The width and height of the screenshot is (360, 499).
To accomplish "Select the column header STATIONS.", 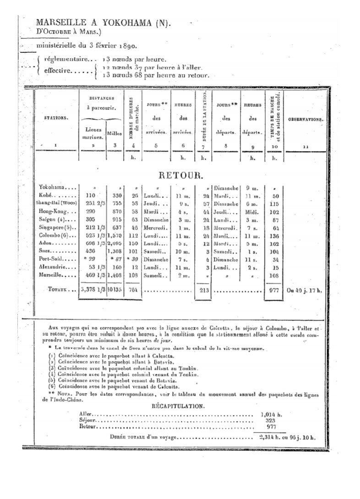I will (x=56, y=118).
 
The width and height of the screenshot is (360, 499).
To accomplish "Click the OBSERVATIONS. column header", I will (x=305, y=120).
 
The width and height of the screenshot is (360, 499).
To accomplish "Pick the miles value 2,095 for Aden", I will (x=115, y=243).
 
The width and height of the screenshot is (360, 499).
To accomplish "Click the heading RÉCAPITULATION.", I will (x=178, y=406).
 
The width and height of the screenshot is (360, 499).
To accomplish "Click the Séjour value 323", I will (x=270, y=420).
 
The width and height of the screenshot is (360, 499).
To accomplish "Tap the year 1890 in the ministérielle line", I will (x=129, y=46).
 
